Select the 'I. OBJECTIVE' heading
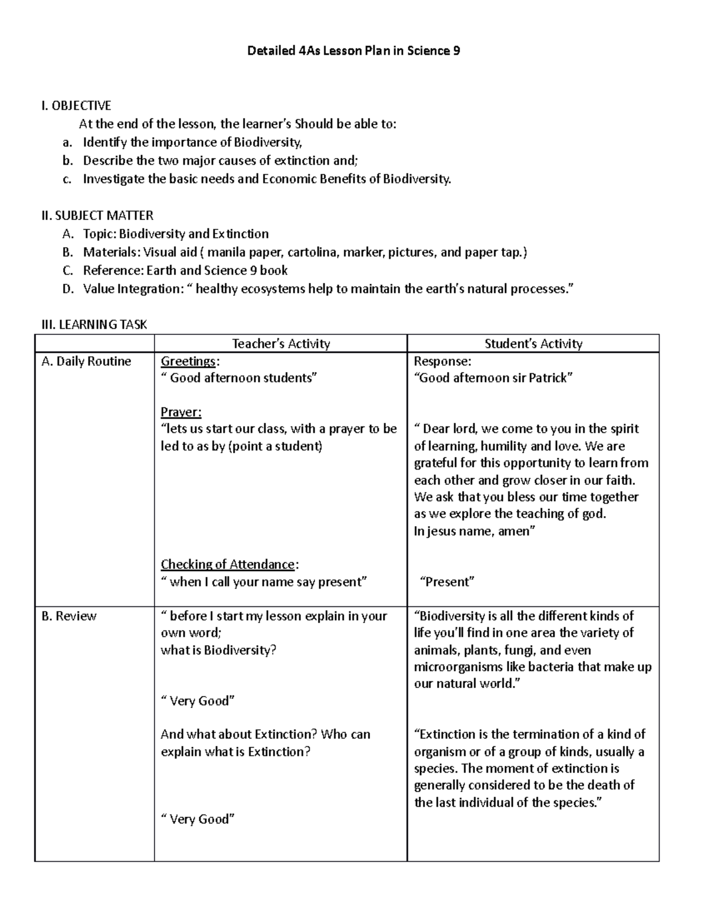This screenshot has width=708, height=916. point(76,106)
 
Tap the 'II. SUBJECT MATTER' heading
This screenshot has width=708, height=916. point(97,215)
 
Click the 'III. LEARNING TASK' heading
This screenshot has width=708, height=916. point(94,324)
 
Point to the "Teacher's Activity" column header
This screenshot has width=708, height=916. point(281,343)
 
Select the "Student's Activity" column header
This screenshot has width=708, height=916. point(533,343)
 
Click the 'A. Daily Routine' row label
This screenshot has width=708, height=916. point(86,361)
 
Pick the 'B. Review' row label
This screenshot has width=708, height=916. point(69,616)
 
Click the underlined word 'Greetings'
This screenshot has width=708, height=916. point(188,361)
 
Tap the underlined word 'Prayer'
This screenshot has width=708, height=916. point(181,412)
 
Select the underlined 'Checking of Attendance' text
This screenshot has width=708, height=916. point(228,564)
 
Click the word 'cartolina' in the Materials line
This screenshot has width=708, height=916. point(313,252)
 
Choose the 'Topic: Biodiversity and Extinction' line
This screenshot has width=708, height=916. point(176,234)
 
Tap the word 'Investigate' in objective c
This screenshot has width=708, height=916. point(113,179)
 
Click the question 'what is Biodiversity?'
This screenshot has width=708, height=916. point(218,650)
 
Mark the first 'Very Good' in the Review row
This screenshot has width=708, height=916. point(198,701)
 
